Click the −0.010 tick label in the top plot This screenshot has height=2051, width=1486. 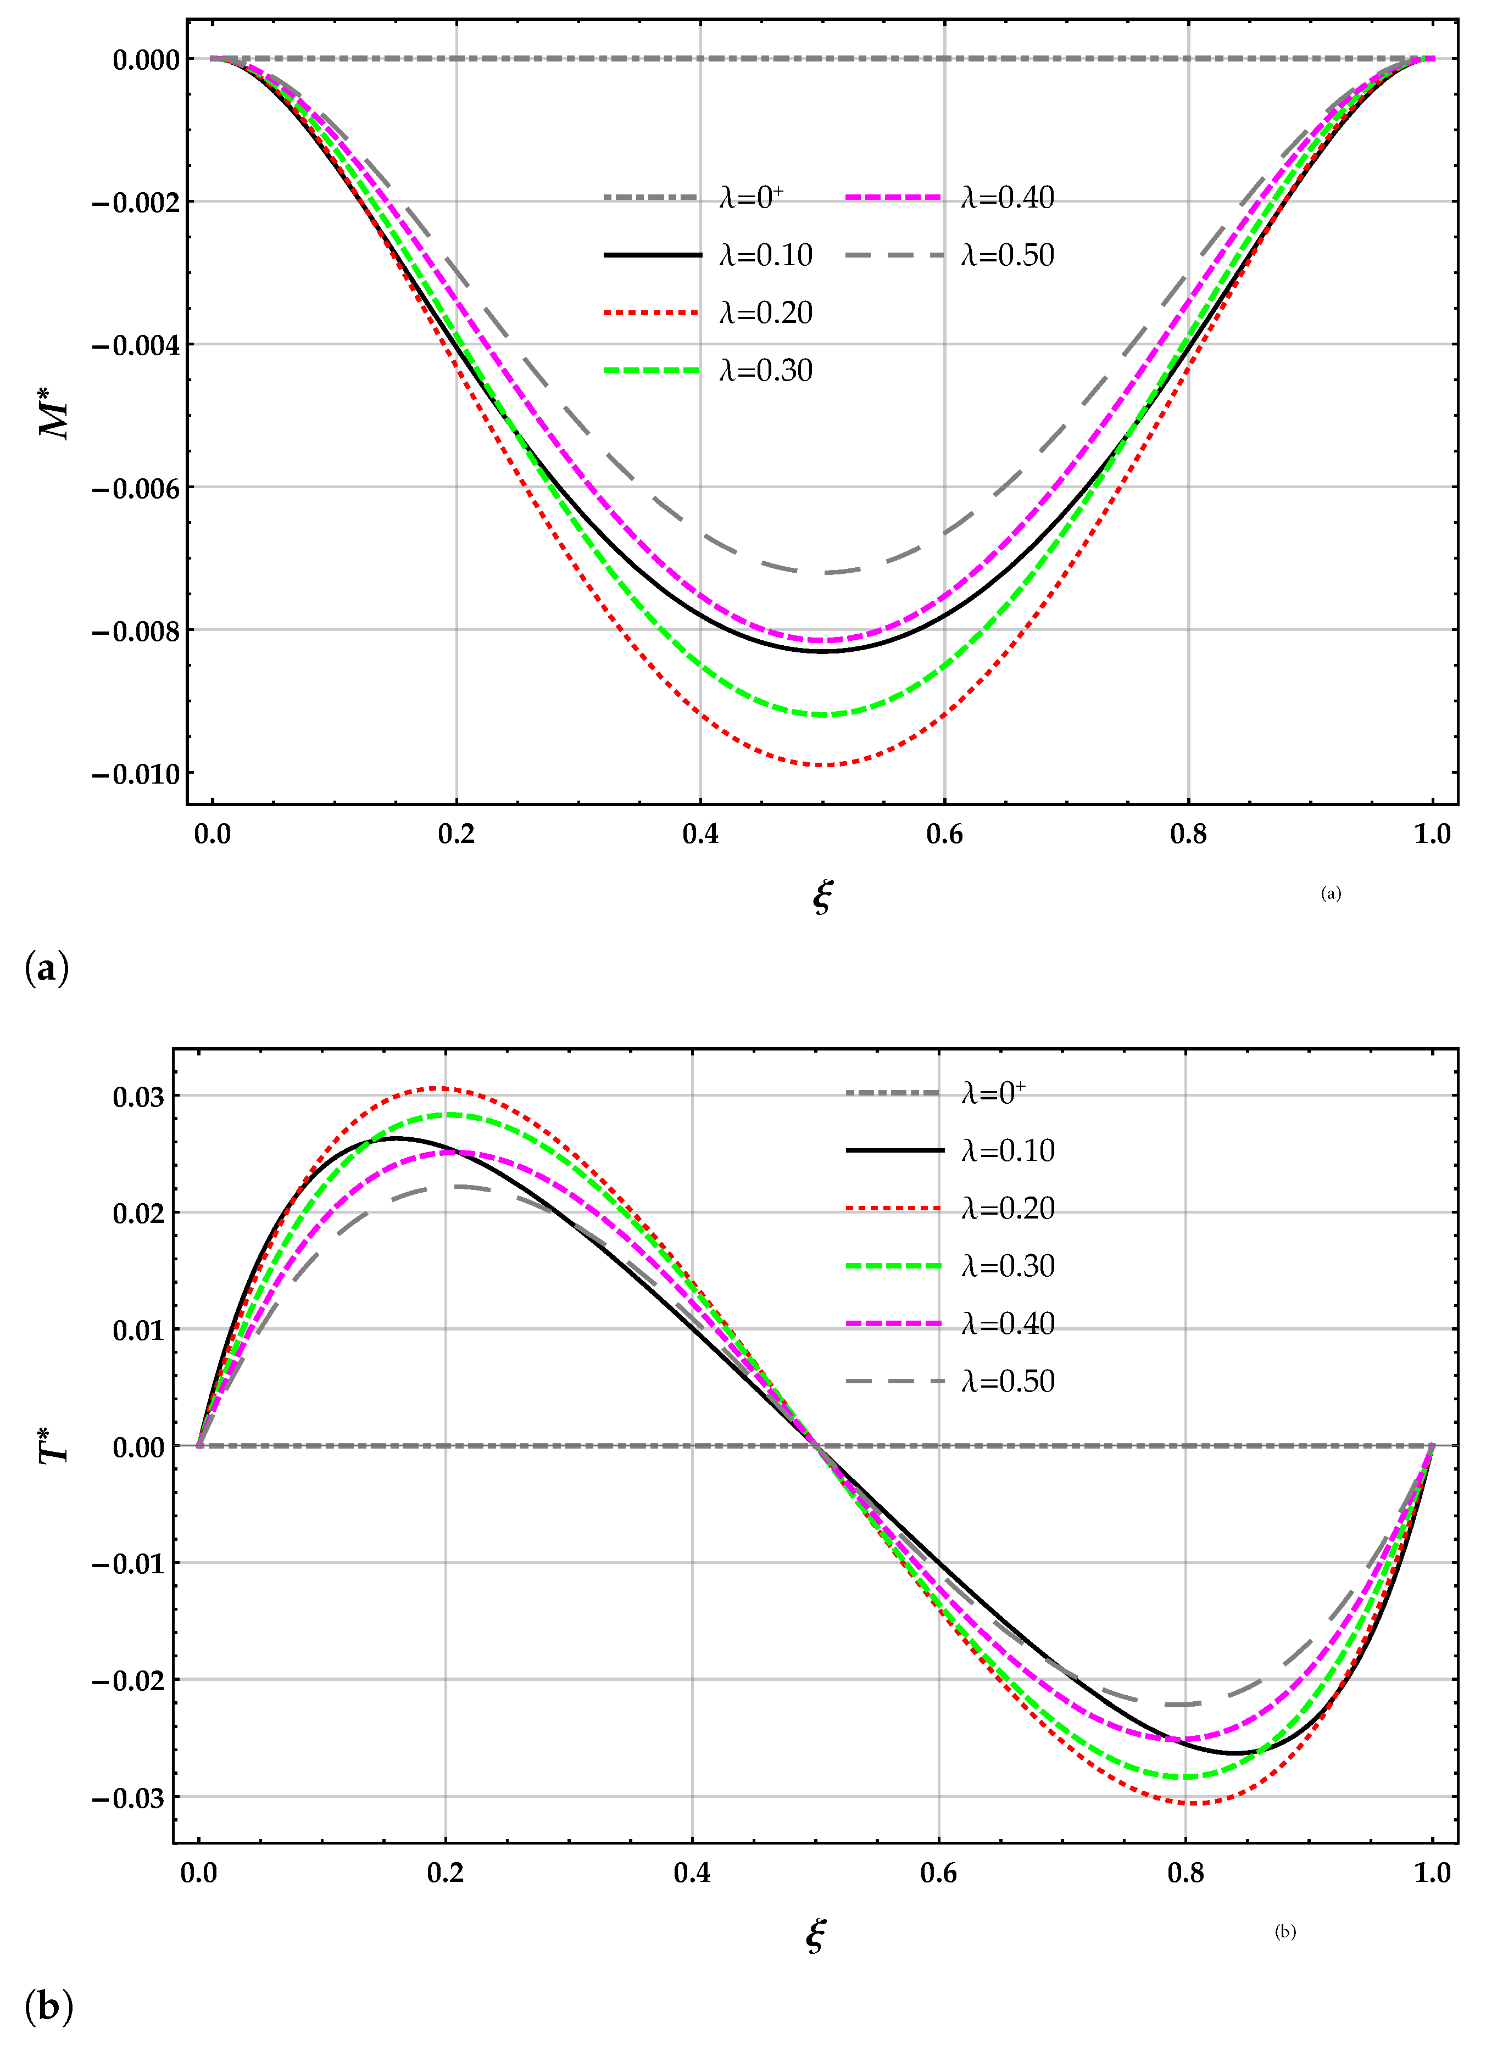point(136,774)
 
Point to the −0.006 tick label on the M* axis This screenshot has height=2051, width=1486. point(136,488)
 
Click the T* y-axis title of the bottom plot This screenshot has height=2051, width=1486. point(56,1444)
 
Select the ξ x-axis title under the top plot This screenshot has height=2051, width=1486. point(821,896)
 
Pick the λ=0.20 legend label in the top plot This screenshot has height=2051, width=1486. point(765,313)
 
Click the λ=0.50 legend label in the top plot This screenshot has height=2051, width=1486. point(1006,255)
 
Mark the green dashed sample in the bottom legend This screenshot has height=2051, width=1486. point(894,1266)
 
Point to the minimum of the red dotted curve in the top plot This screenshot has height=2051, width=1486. point(821,765)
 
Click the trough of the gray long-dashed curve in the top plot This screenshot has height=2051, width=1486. point(821,572)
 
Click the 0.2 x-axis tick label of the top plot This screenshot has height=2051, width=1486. point(456,834)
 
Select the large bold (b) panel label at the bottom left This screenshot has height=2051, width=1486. point(48,2007)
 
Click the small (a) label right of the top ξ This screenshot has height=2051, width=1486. point(1331,893)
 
